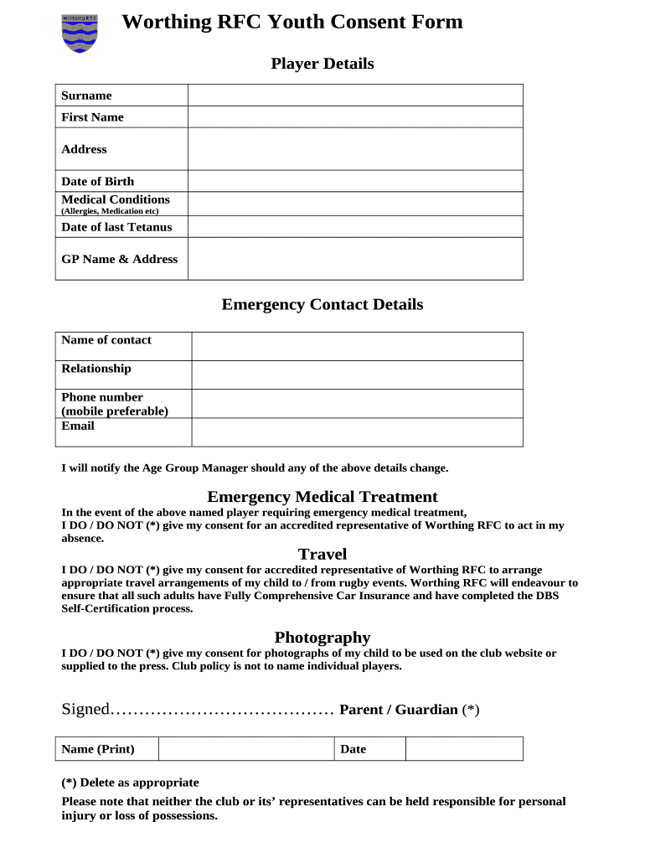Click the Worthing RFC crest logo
coord(80,33)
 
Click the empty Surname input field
coord(355,95)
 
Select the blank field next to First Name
coord(355,117)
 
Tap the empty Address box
coord(355,149)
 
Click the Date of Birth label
coord(97,181)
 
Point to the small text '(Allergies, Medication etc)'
coord(110,211)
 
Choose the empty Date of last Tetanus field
coord(355,227)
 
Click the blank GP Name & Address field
coord(355,259)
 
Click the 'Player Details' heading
coord(322,64)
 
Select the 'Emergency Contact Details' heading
coord(322,304)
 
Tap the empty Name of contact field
coord(357,346)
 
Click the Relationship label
coord(96,369)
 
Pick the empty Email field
coord(357,432)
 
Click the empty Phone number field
coord(357,404)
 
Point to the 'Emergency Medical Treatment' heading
coord(322,497)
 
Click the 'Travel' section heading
coord(322,554)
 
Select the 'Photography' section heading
coord(322,638)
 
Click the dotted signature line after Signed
coord(223,711)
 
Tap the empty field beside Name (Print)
coord(246,749)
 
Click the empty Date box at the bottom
coord(464,749)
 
